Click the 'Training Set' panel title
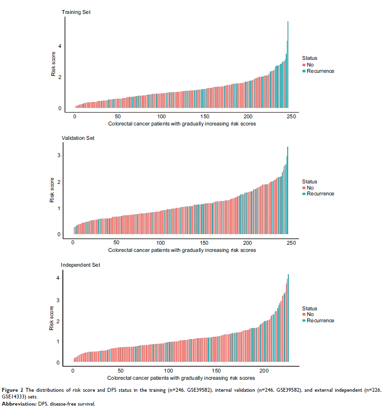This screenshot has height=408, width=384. pos(76,11)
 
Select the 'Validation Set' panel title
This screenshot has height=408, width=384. pos(78,138)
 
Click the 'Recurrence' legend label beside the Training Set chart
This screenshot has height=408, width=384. pos(320,71)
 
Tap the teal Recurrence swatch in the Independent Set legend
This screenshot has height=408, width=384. pos(304,320)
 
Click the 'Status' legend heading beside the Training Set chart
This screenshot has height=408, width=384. pos(309,58)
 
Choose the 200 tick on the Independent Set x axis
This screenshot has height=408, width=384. pos(264,371)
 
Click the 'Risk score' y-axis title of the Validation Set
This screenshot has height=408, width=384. pos(53,190)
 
